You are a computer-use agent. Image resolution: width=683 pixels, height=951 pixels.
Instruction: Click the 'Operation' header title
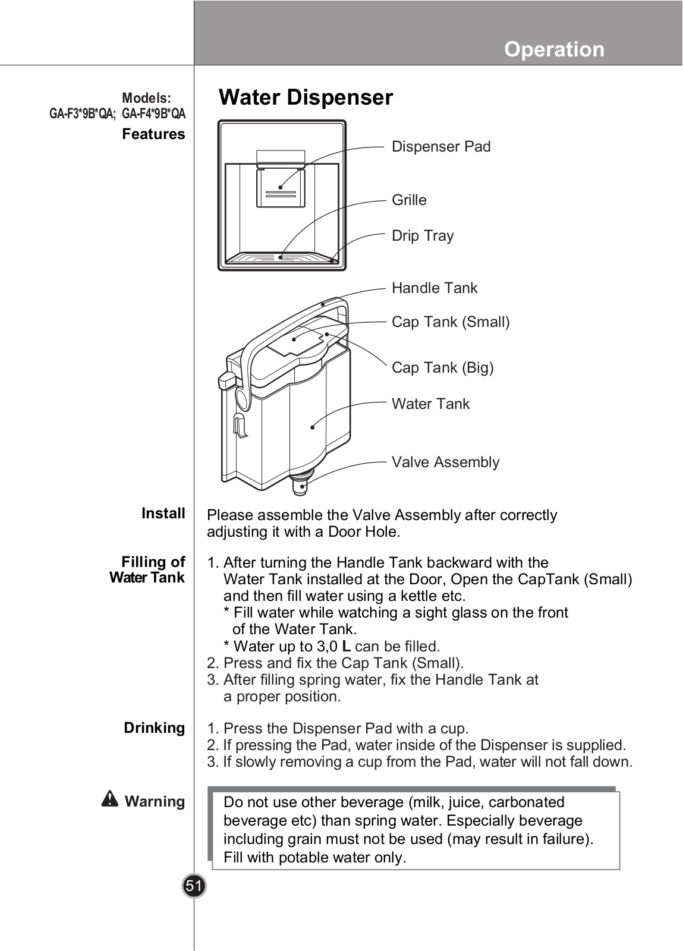point(554,49)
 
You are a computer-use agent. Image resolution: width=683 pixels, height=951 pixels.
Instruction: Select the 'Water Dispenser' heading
point(306,97)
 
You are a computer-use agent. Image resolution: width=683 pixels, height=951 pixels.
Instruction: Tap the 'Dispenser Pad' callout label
point(441,147)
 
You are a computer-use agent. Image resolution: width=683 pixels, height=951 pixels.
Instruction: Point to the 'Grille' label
point(409,200)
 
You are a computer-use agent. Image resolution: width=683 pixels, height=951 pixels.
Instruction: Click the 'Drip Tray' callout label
point(423,236)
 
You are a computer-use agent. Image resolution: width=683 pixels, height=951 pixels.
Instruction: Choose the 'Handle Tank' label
point(434,288)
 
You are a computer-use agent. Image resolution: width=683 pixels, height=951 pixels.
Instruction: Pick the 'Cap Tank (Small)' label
point(451,322)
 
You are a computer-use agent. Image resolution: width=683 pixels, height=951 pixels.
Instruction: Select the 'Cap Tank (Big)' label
point(442,368)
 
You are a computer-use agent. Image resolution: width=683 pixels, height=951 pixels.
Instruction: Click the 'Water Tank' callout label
point(430,404)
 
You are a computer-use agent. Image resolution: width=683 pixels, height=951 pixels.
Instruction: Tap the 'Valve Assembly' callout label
point(445,462)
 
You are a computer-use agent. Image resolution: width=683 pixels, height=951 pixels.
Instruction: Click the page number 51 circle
point(194,886)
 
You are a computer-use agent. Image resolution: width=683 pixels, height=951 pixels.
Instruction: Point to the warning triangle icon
point(110,799)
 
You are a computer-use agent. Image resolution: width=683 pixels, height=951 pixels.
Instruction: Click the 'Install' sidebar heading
point(163,513)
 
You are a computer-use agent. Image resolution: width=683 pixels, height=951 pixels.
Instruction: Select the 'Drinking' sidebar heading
point(154,728)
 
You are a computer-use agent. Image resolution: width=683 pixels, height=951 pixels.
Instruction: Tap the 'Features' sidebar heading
point(153,134)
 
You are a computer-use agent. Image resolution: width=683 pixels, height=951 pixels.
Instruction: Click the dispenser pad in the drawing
point(280,187)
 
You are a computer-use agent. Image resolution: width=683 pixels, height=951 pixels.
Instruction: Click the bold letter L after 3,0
point(346,646)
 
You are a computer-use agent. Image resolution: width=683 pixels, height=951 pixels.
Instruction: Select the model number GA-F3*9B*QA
point(82,114)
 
